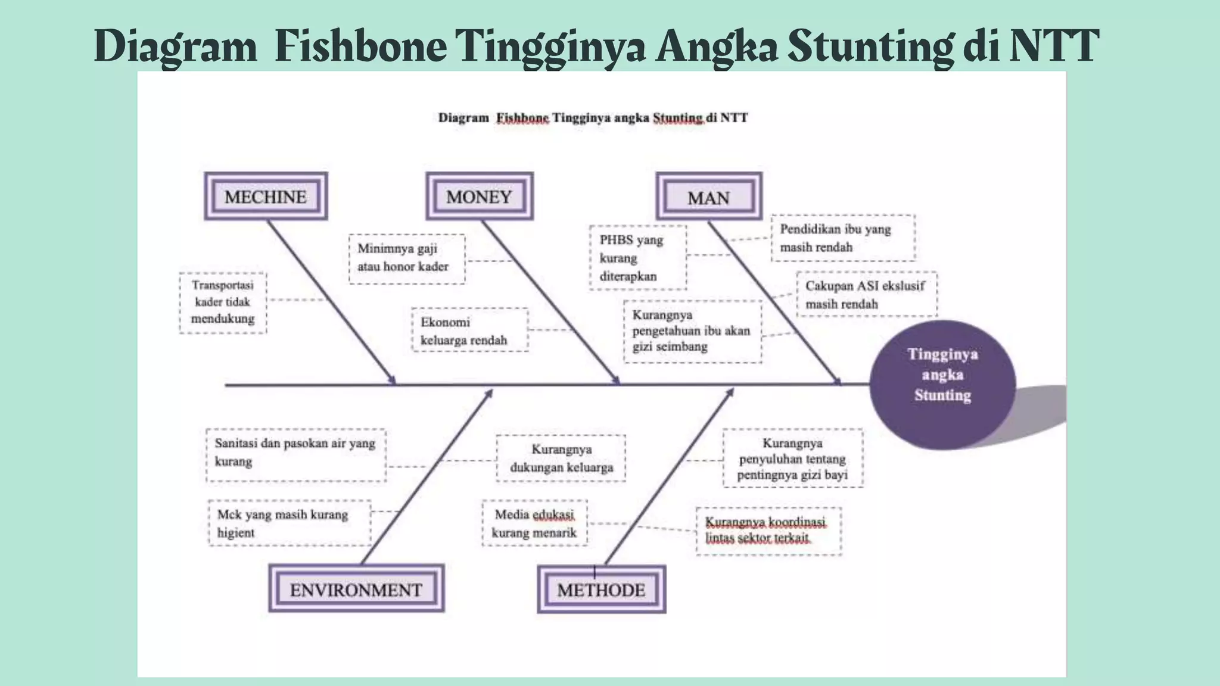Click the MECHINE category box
point(266,197)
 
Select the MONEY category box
point(480,197)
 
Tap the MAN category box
point(709,197)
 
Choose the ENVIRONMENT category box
point(356,589)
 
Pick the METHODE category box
point(602,590)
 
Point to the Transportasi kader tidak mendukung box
point(223,303)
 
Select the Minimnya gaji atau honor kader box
point(407,258)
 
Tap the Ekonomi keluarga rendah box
point(469,330)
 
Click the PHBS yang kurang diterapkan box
point(637,258)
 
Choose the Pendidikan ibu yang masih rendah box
point(843,238)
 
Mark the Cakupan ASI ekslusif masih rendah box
point(867,295)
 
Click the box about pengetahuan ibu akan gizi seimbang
point(693,331)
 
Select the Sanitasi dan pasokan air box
point(295,454)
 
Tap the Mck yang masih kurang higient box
point(290,523)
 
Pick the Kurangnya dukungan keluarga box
point(561,458)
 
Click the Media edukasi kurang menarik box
point(534,523)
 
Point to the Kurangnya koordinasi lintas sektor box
point(768,531)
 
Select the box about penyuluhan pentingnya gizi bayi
point(792,459)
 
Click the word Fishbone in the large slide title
point(361,46)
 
